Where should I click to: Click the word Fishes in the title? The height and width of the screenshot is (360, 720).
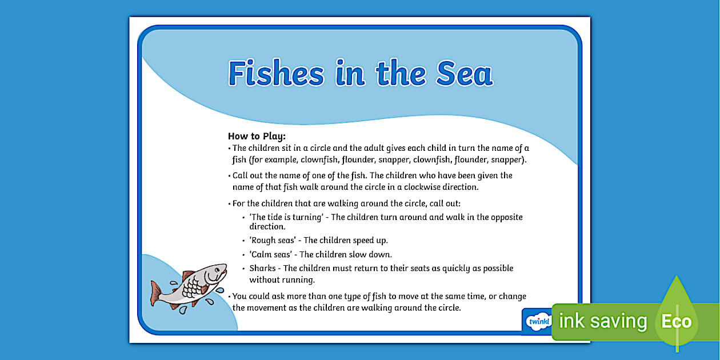[x=276, y=73]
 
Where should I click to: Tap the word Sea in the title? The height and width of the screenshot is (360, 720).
[x=464, y=74]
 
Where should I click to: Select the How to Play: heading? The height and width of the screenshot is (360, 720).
[x=257, y=136]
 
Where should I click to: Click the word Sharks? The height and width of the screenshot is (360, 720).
[x=263, y=268]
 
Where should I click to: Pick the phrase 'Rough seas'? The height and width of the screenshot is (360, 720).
[x=273, y=241]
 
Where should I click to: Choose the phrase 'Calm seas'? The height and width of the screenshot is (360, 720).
[x=271, y=254]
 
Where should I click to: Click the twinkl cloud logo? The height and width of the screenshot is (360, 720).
[x=538, y=321]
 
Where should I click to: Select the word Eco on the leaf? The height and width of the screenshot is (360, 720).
[x=676, y=321]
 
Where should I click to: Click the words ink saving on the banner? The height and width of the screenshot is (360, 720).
[x=603, y=321]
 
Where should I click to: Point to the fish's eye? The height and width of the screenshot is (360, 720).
[x=218, y=269]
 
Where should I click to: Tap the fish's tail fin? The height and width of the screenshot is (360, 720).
[x=155, y=294]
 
